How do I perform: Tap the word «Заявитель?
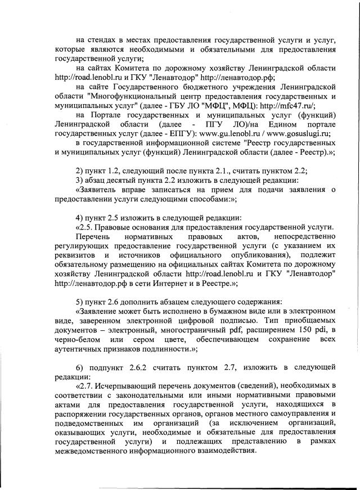point(98,191)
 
